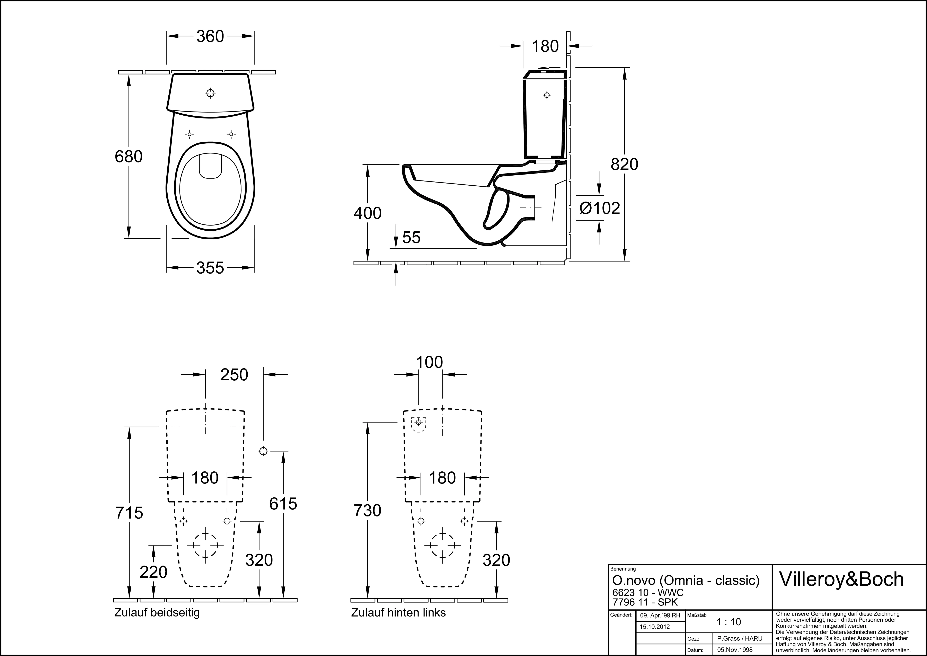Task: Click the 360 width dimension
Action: pos(210,36)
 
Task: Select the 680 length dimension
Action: pos(129,157)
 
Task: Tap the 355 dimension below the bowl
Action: pos(210,268)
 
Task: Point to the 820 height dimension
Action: pos(625,164)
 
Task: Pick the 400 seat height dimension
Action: pos(368,213)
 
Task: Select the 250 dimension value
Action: pos(234,375)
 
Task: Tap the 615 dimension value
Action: pos(283,504)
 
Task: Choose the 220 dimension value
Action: pos(153,572)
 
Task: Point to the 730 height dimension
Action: pos(368,511)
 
